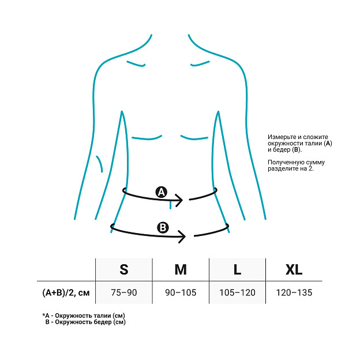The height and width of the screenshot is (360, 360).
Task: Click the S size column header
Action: [124, 269]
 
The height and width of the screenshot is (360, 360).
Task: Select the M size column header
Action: [181, 269]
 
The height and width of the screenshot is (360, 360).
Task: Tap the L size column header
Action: [237, 269]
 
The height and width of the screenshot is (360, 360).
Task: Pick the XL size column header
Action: [294, 269]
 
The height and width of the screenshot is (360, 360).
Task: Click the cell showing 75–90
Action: [124, 292]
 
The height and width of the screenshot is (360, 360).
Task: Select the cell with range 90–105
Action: [181, 292]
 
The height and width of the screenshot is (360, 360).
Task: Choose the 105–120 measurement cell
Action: [237, 292]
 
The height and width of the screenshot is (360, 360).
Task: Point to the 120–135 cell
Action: [294, 292]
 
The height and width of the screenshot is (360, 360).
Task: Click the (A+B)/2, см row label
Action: [66, 292]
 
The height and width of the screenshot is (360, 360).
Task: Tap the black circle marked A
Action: [162, 192]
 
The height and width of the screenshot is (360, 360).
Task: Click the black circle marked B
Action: [163, 227]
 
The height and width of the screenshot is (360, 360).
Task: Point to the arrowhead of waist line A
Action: [181, 200]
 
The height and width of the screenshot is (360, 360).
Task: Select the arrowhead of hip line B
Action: [184, 236]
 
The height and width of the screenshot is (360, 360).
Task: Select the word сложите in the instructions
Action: [316, 137]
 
